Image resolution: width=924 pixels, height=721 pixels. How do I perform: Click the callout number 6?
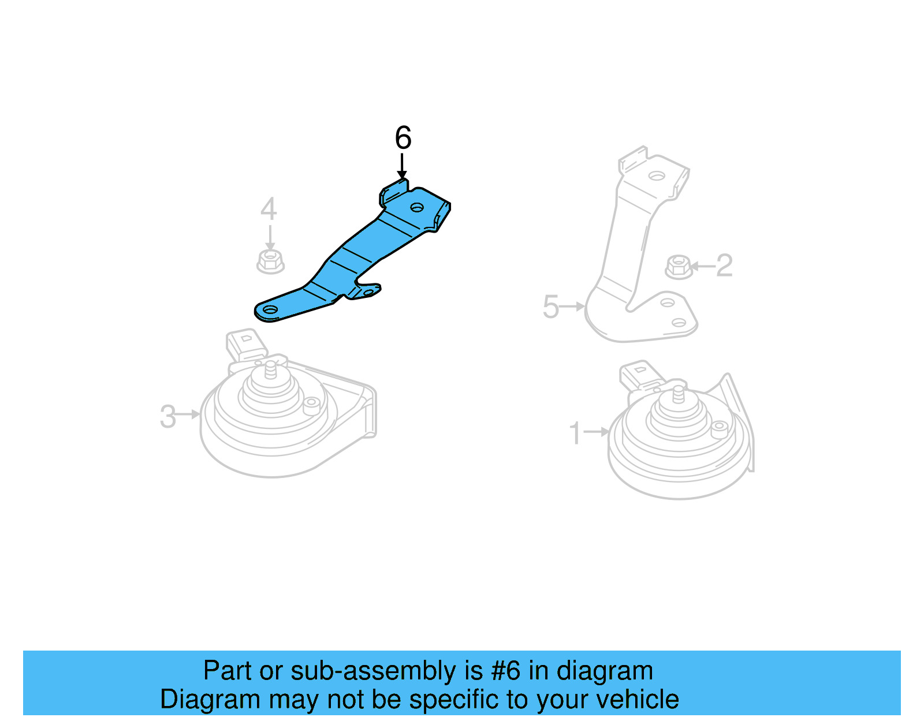point(403,137)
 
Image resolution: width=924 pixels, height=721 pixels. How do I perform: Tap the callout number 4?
point(269,208)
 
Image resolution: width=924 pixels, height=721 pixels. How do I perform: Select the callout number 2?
point(725,266)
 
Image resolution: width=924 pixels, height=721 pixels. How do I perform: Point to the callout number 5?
point(551,307)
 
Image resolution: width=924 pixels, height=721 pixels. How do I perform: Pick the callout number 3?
point(168,416)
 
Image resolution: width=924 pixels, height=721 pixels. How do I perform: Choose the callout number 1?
point(575,433)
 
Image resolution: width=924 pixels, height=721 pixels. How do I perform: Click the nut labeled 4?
point(270,261)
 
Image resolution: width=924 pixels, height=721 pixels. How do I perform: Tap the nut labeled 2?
point(679,267)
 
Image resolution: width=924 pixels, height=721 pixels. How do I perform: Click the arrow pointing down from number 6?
point(402,166)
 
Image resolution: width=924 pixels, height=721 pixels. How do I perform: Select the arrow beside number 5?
point(572,307)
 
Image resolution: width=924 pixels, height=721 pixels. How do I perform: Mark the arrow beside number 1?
point(597,432)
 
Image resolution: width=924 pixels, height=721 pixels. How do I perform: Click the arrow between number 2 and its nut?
point(702,266)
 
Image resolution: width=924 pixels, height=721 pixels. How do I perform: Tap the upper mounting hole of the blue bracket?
point(417,208)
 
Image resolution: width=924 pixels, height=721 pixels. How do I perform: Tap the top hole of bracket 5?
point(657,175)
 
